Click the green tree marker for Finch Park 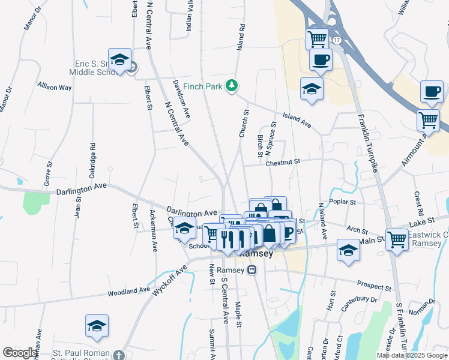[x=232, y=86]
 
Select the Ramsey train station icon [x=253, y=270]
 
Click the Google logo [x=20, y=353]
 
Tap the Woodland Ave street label [x=128, y=292]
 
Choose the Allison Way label [x=55, y=87]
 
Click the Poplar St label [x=344, y=202]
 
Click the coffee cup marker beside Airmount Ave [x=432, y=91]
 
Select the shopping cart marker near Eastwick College [x=397, y=239]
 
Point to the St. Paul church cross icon [x=119, y=355]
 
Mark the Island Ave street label [x=297, y=120]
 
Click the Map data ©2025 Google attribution [x=411, y=355]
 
